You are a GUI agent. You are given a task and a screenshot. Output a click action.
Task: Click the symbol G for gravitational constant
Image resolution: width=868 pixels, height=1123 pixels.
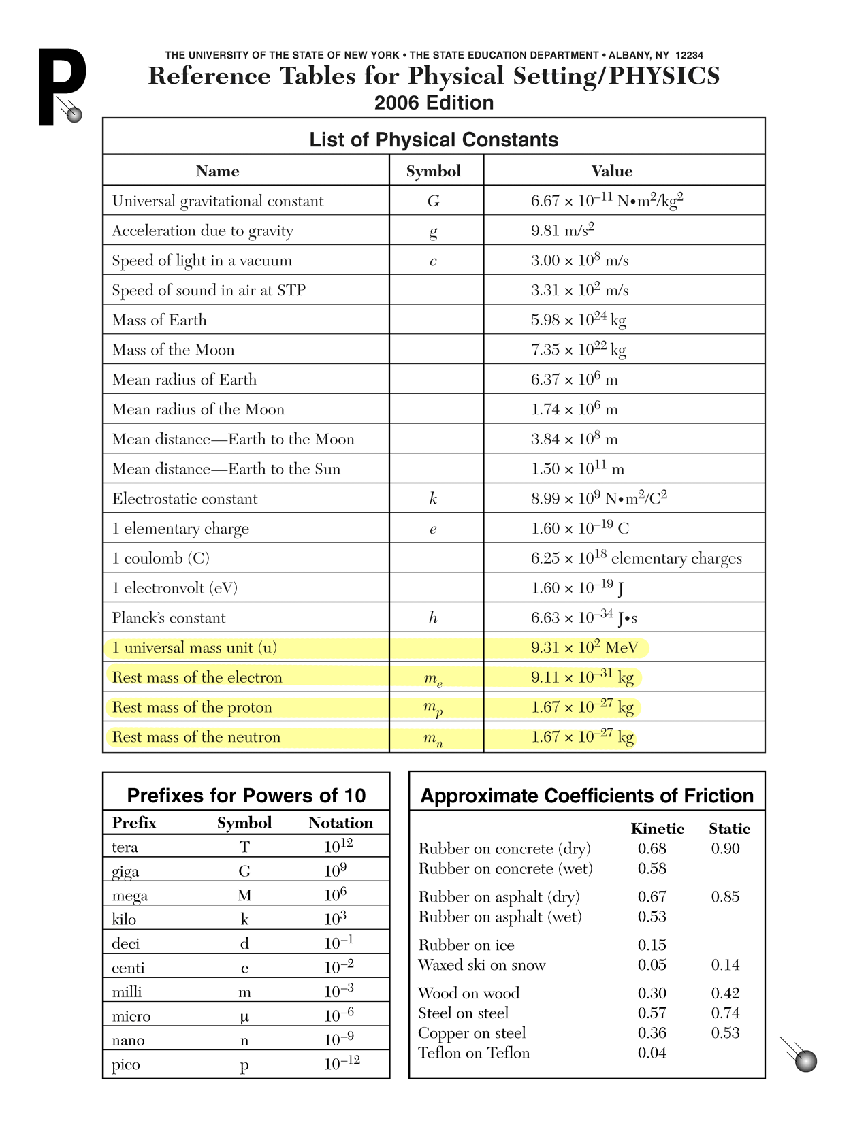coord(434,201)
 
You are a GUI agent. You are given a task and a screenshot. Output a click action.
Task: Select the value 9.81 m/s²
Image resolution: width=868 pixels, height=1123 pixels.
coord(562,231)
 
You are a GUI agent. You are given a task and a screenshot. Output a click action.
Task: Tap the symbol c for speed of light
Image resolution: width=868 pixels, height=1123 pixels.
coord(433,261)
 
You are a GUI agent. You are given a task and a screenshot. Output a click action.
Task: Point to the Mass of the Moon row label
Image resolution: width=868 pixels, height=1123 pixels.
coord(173,350)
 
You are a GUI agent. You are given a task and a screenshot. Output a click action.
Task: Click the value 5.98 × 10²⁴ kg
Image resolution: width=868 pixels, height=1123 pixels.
coord(578,320)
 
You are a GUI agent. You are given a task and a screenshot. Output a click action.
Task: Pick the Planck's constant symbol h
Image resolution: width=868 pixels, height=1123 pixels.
coord(433,618)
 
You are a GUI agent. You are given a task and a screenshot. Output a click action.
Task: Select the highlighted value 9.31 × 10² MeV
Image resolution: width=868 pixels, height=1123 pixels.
coord(584,647)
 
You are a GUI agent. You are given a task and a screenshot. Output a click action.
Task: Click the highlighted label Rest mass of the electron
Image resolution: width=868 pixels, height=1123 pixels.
coord(197,677)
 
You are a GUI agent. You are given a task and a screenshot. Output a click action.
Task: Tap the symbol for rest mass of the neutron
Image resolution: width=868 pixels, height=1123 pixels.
coord(433,738)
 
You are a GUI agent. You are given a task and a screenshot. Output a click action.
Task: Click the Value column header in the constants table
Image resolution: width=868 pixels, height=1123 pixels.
coord(611,171)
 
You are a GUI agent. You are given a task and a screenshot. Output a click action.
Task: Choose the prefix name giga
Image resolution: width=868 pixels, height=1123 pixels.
coord(125,871)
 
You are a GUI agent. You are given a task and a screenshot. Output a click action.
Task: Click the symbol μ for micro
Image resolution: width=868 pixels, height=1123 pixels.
coord(244,1017)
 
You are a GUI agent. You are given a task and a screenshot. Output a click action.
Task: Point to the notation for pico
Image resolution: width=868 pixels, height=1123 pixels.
coord(342,1063)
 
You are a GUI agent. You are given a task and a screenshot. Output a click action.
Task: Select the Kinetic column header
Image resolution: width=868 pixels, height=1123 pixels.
coord(657,828)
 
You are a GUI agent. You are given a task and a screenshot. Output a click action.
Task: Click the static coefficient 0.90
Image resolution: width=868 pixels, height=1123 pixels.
coord(725,849)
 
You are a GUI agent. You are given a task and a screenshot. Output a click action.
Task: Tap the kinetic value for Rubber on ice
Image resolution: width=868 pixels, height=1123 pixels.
coord(652,945)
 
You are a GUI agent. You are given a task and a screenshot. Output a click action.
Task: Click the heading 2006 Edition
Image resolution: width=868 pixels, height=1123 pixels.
coord(434,103)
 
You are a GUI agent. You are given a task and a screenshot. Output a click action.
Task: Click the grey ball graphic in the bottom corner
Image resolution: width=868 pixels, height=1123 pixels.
coord(805,1060)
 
